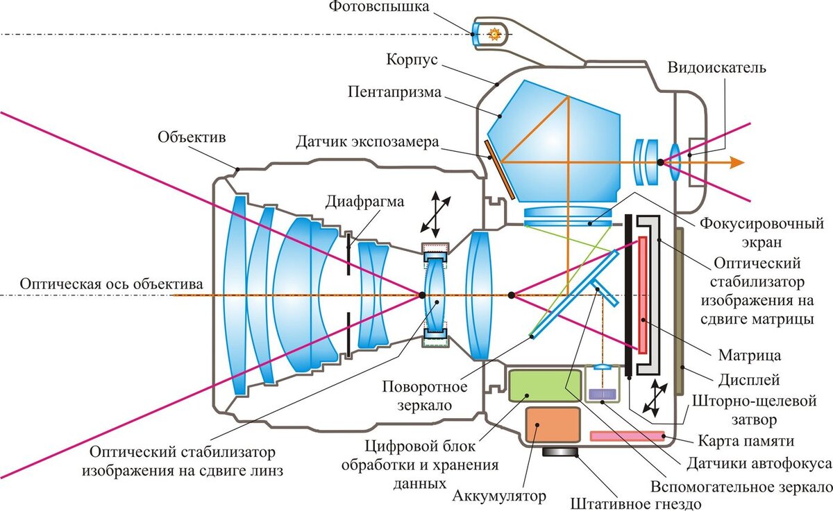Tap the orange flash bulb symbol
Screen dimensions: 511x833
495,33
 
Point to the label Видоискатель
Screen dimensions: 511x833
717,67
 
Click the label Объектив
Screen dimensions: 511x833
192,137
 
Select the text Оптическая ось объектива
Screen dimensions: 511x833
111,284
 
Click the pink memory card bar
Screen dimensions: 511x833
628,436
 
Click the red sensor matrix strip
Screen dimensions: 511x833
643,295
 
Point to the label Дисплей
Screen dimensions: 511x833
749,379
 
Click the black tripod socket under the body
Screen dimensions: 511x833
562,452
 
